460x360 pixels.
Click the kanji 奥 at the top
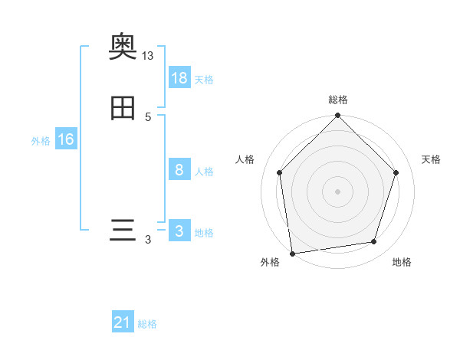tap(123, 47)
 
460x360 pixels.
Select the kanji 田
tap(123, 109)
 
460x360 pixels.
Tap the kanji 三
tap(123, 231)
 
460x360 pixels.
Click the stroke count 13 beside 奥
tap(148, 56)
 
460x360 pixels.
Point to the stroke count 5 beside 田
tap(148, 117)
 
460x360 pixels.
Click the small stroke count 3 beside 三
tap(148, 240)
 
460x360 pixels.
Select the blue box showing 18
tap(179, 78)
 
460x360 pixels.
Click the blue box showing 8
tap(179, 170)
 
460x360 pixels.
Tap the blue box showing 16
tap(65, 139)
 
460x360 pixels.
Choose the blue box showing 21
tap(123, 323)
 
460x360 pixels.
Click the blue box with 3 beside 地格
tap(179, 231)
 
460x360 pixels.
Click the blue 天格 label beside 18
tap(204, 80)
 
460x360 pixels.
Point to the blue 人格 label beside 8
tap(204, 172)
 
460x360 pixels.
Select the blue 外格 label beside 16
tap(41, 141)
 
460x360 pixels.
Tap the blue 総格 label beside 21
tap(147, 325)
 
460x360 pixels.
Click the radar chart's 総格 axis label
tap(338, 100)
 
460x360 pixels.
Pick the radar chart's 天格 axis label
tap(431, 159)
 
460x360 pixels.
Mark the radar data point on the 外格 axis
tap(292, 253)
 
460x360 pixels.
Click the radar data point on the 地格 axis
tap(374, 242)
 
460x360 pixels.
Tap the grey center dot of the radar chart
tap(338, 191)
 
